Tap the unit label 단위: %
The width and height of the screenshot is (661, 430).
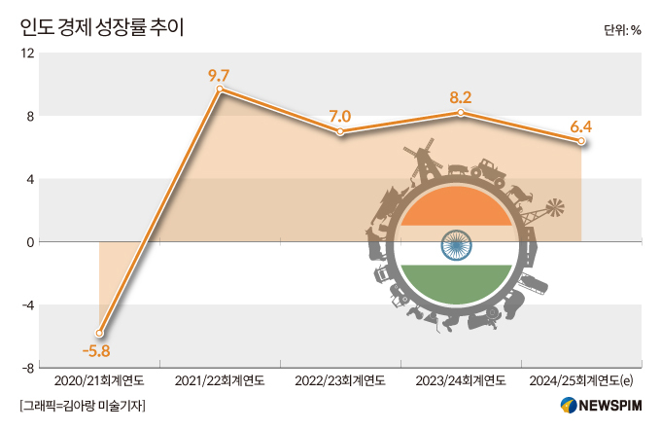(x=622, y=29)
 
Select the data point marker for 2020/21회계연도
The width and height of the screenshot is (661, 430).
(x=99, y=333)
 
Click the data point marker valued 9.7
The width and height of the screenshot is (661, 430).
(x=220, y=90)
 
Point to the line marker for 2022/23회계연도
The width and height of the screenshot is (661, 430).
(x=340, y=131)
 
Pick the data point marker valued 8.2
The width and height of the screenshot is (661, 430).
(x=461, y=113)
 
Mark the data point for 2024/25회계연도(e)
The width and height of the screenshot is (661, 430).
(x=581, y=141)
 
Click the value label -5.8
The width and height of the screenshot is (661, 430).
(x=96, y=350)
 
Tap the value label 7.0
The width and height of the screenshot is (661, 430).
(x=340, y=116)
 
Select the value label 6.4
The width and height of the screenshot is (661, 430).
(x=581, y=125)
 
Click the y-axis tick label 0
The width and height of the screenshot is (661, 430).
(x=31, y=242)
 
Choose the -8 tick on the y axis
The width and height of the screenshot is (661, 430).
(x=28, y=368)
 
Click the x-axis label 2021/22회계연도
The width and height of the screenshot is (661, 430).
(x=220, y=380)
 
